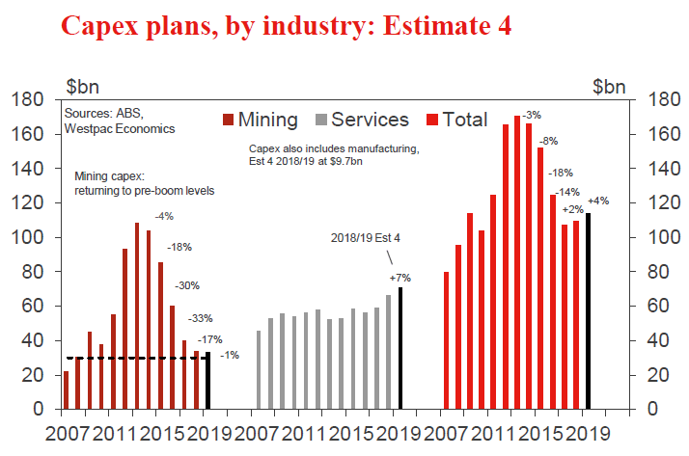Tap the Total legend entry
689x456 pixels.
(x=460, y=120)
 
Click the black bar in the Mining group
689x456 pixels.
(x=207, y=381)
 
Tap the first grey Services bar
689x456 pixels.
(x=259, y=370)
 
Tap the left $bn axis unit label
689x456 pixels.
(x=81, y=84)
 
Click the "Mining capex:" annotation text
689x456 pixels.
(x=108, y=177)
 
